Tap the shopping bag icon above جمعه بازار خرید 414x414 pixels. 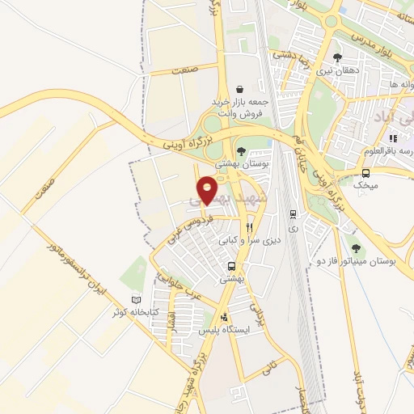tap(239, 89)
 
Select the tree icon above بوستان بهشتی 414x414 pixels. tap(241, 150)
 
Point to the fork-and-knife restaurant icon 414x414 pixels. tap(238, 228)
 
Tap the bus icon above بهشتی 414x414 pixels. tap(232, 266)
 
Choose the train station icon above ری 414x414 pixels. tap(292, 214)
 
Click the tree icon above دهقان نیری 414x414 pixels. tap(336, 57)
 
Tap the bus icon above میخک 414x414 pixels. tap(365, 173)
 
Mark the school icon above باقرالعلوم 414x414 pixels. tap(392, 138)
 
